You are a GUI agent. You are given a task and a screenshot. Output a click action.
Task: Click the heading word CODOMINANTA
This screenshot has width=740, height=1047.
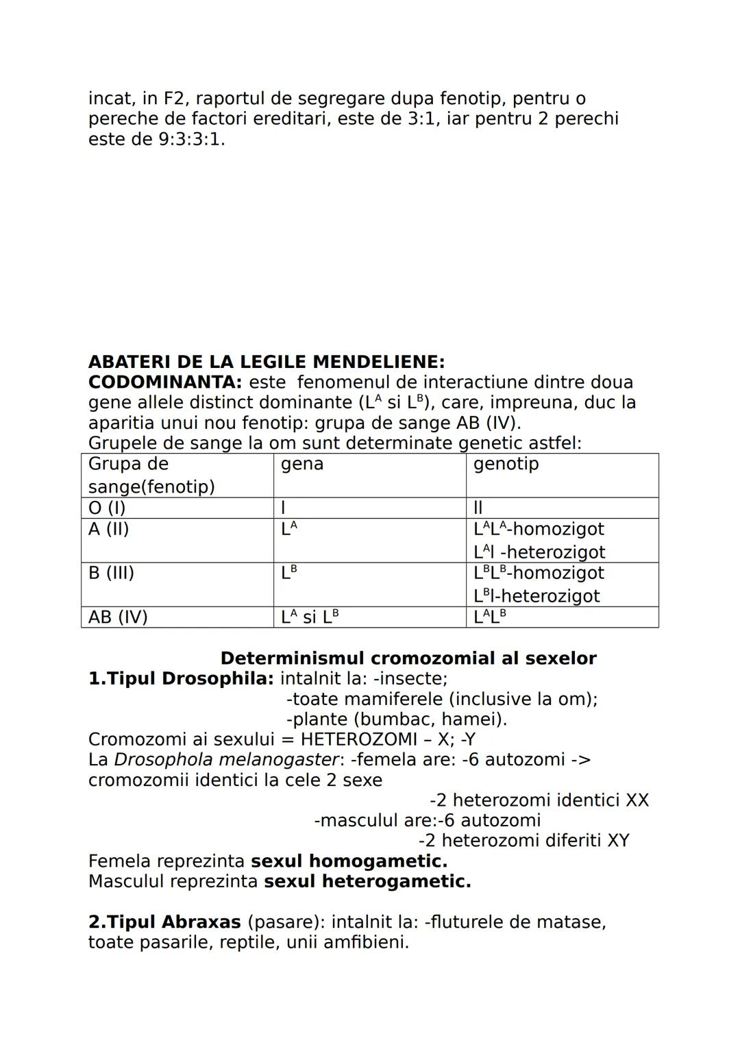coord(164,382)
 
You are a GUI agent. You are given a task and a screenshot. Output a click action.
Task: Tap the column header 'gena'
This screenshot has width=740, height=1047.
coord(302,464)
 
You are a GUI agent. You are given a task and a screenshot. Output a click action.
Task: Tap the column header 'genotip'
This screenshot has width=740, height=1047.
coord(506,464)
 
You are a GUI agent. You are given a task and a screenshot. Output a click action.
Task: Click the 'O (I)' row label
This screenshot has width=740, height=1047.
coord(107,508)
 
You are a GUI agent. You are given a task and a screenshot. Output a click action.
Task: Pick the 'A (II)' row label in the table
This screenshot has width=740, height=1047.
coord(108,529)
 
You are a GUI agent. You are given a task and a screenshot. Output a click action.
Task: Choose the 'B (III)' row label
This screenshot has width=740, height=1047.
coord(111,573)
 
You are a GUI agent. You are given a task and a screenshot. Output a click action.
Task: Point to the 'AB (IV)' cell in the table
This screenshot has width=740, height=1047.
coord(118,617)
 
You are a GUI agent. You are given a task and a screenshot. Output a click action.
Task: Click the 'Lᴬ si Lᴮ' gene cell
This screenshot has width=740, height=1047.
coord(310,617)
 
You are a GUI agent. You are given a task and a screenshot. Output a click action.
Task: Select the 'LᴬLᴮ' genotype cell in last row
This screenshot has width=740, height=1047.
coord(490,617)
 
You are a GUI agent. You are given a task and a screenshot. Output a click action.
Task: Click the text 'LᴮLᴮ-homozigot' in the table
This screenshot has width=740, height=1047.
coord(539,573)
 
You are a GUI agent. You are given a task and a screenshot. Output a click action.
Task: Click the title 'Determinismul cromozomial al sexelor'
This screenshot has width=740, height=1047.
coord(408,658)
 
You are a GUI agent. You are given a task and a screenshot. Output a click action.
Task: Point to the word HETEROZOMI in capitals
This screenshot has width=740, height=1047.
coord(358,739)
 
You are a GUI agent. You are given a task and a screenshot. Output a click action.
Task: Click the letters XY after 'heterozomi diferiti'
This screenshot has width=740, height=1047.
coord(618,841)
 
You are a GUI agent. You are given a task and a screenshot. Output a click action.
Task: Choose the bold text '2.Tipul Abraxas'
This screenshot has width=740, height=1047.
coord(164,922)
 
